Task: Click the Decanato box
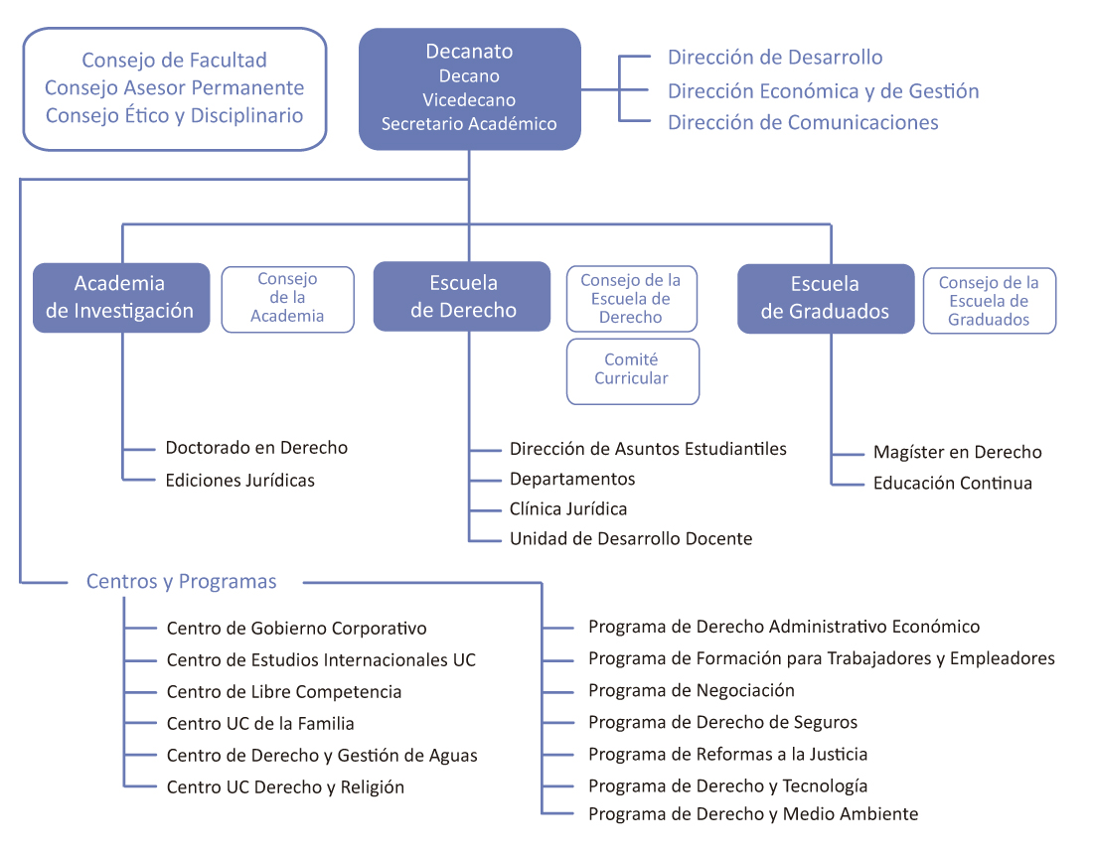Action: [469, 88]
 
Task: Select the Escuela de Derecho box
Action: [462, 296]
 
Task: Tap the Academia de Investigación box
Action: [120, 297]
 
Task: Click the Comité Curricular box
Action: [632, 370]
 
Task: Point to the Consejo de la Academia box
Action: [287, 299]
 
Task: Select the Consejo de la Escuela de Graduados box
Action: [989, 301]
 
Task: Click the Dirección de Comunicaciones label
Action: [803, 123]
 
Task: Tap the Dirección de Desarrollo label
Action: [775, 58]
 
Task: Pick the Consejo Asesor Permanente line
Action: [175, 88]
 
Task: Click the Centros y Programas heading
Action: [182, 582]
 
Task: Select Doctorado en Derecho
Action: [256, 448]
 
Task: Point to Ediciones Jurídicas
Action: [240, 481]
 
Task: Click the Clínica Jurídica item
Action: [568, 509]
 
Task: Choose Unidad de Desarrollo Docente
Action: [631, 539]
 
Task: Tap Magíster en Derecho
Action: [957, 453]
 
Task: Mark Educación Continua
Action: [952, 484]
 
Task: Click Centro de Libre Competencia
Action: [284, 692]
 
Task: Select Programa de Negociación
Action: [692, 691]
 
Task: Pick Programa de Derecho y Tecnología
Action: [727, 786]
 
